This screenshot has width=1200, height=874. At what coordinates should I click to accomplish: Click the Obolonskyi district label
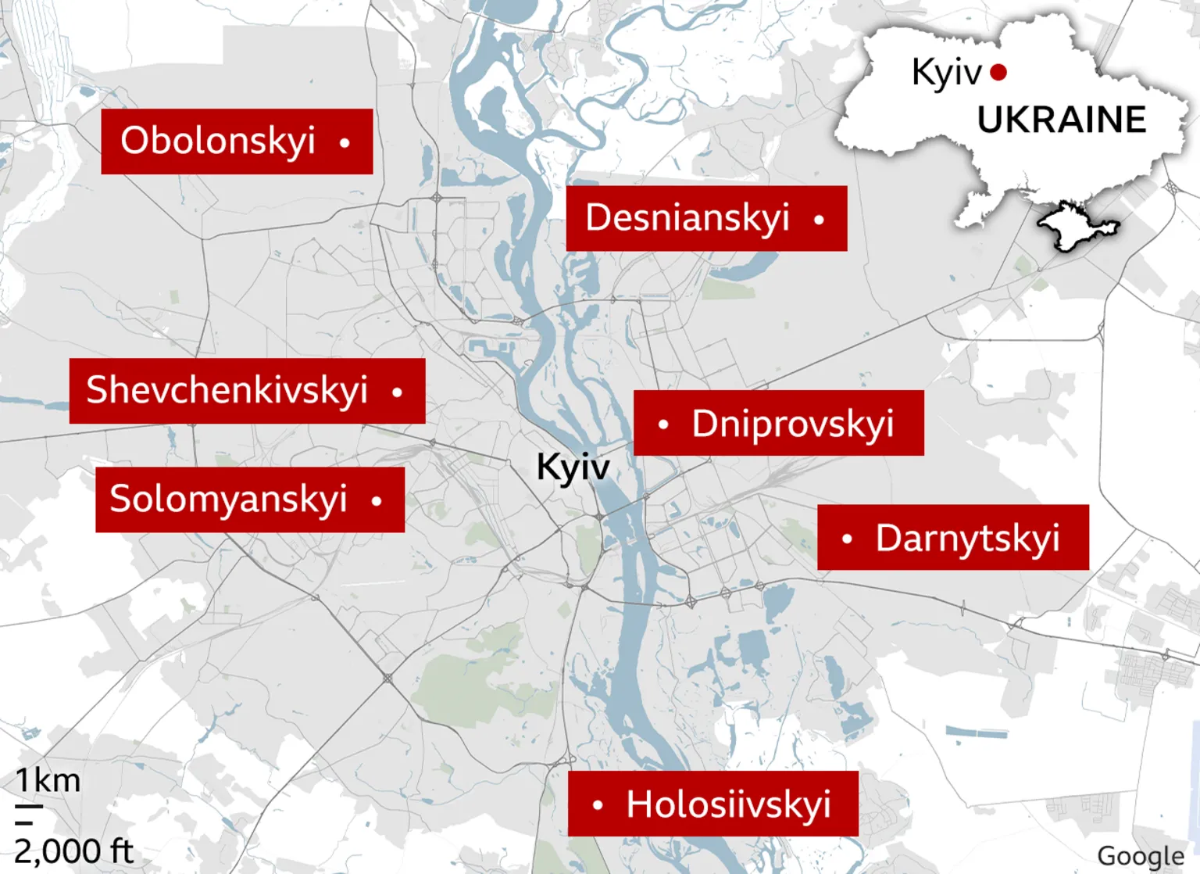[218, 141]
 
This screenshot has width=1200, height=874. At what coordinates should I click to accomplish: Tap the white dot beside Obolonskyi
[345, 142]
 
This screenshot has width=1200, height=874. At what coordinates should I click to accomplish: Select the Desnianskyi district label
[687, 218]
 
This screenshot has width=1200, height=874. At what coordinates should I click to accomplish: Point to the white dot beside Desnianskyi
[819, 220]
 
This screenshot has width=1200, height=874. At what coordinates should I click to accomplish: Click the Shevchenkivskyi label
[227, 391]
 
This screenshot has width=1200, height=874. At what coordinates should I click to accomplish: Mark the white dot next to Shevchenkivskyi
[397, 392]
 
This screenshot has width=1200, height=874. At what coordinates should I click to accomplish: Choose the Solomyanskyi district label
[228, 500]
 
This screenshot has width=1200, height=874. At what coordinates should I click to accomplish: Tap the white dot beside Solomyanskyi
[377, 501]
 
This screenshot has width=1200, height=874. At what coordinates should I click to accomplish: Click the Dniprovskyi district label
[792, 424]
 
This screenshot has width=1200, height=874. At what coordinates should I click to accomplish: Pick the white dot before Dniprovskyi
[663, 424]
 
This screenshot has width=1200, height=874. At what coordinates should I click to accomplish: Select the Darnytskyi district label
[967, 539]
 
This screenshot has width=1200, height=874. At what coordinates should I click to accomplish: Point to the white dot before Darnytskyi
[847, 539]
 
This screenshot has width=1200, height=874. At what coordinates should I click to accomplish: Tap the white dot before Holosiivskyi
[598, 804]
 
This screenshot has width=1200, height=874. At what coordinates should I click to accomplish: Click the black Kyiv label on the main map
[573, 467]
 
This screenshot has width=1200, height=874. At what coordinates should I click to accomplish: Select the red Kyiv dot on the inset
[998, 73]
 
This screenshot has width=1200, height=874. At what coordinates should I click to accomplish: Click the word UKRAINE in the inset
[1061, 120]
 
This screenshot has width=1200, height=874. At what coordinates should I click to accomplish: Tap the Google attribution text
[1141, 857]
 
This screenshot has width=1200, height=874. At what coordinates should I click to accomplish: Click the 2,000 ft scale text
[74, 851]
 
